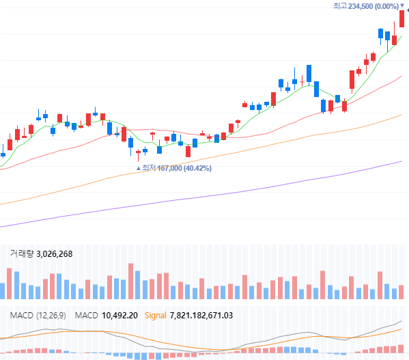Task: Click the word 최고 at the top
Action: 340,6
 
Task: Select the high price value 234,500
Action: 361,6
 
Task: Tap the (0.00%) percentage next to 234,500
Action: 386,6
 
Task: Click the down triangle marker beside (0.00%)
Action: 401,6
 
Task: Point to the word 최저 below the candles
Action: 148,168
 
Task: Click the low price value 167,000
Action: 170,168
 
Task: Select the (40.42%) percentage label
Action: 197,168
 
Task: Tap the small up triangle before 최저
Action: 139,168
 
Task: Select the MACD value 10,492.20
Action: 120,315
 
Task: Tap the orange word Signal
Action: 156,315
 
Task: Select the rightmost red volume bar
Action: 401,292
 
